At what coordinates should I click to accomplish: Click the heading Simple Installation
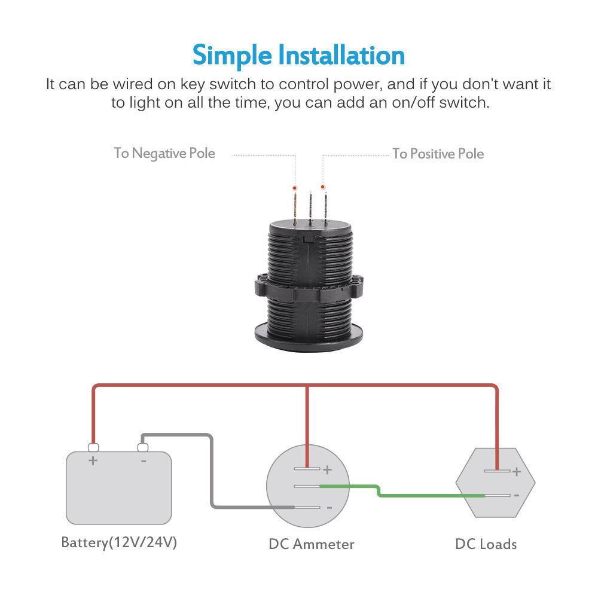click(x=298, y=55)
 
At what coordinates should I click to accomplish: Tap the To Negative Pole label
click(x=164, y=153)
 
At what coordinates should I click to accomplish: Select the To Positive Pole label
click(x=438, y=154)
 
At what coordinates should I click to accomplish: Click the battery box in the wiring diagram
click(x=118, y=487)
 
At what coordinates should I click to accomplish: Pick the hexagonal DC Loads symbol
click(x=495, y=483)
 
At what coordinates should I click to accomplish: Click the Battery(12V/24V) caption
click(x=119, y=543)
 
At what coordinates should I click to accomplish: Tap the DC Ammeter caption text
click(x=311, y=544)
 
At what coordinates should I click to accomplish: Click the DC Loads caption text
click(x=486, y=544)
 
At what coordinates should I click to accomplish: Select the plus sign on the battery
click(x=93, y=461)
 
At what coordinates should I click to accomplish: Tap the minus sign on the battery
click(x=144, y=461)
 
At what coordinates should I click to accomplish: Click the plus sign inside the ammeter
click(x=327, y=469)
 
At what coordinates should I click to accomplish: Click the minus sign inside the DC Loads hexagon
click(x=516, y=495)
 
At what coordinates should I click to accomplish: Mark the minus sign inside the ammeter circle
click(x=328, y=508)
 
